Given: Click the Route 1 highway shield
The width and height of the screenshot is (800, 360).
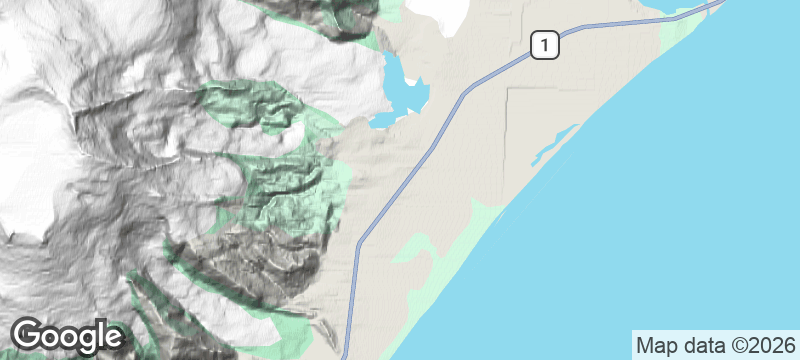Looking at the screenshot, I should pos(542,45).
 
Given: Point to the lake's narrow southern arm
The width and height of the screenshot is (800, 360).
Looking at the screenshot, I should pos(386,121).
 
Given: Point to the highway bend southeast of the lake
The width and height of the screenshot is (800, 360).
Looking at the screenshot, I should pos(462,96).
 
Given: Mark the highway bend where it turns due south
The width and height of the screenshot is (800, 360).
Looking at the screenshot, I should pos(358,242).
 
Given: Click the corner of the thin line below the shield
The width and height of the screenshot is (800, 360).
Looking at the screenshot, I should pos(509,89).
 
